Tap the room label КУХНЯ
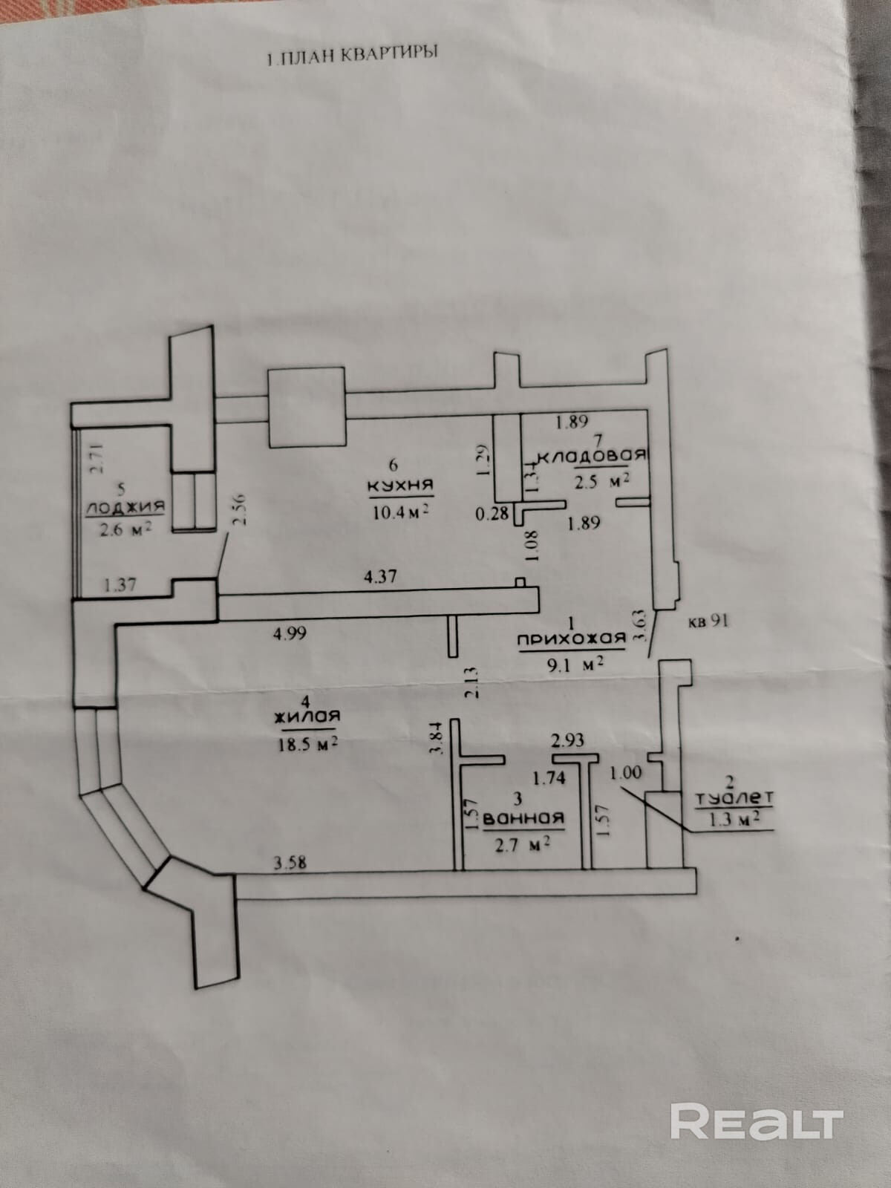tap(399, 486)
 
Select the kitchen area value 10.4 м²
tap(401, 512)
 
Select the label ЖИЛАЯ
tap(306, 717)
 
